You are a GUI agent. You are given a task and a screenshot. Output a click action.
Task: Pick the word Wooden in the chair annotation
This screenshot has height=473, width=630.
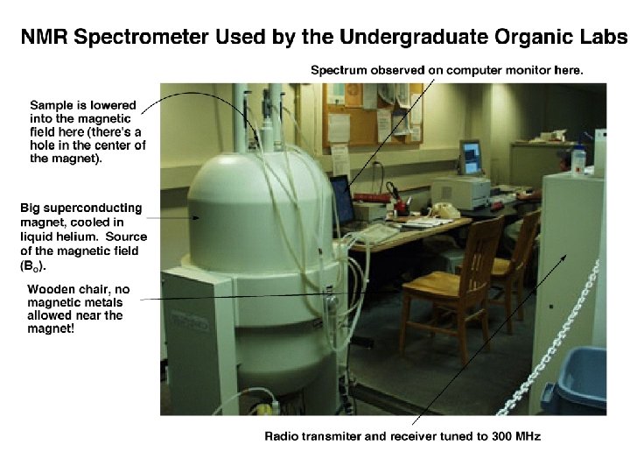click(50, 289)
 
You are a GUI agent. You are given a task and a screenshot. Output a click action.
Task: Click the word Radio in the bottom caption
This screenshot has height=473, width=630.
click(282, 436)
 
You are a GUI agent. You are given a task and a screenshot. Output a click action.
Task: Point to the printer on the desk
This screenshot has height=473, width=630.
click(460, 190)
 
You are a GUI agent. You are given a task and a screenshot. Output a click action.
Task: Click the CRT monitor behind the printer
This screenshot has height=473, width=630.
click(471, 158)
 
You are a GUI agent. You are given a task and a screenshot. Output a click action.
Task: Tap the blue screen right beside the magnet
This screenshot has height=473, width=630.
click(340, 200)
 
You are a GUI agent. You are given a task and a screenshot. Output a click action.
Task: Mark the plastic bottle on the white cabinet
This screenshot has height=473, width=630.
click(577, 161)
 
